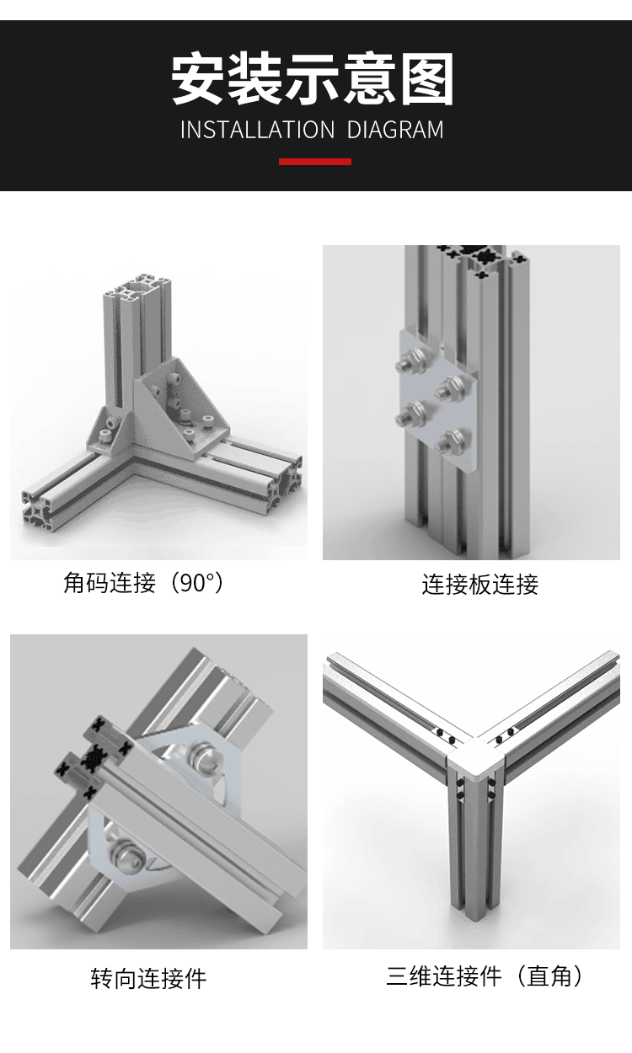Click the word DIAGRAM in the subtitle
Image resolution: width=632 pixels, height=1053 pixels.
tap(395, 130)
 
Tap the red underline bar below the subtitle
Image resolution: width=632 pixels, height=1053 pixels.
tap(315, 161)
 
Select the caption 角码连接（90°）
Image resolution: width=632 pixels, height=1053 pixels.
tap(145, 582)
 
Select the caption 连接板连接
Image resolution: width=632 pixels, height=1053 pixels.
tap(479, 584)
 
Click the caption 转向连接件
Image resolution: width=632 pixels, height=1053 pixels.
tap(148, 978)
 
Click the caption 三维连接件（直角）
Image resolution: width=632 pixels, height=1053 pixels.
tap(485, 976)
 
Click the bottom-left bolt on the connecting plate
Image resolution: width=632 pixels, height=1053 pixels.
tap(413, 413)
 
